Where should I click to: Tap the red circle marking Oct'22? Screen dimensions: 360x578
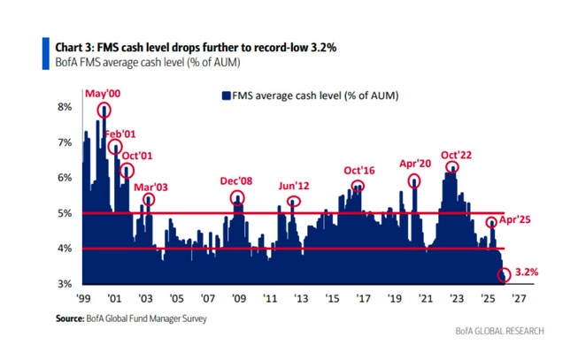452,166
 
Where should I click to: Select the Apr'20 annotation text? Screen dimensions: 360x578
414,164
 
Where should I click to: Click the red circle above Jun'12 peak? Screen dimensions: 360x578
294,201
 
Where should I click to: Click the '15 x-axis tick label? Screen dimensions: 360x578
331,299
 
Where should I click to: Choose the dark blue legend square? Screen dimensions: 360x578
225,93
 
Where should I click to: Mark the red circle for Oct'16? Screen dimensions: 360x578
357,187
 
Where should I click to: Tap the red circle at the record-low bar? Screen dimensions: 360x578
505,276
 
